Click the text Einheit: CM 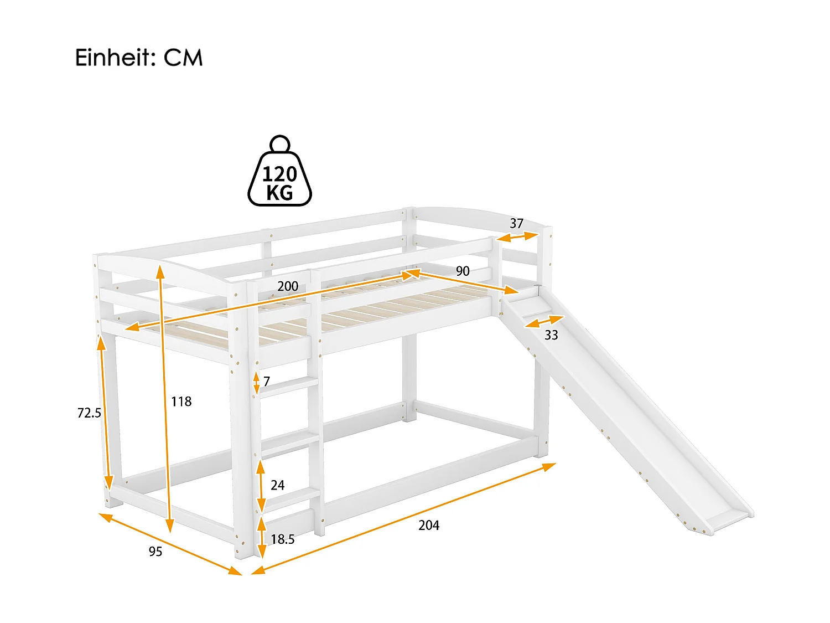(x=139, y=58)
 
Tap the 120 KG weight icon (x=279, y=176)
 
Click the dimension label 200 (x=288, y=286)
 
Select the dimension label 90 (x=463, y=271)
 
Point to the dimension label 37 (x=516, y=223)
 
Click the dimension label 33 (x=551, y=335)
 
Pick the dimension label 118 (x=181, y=401)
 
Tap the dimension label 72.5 (x=89, y=413)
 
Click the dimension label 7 (x=267, y=382)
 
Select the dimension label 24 (x=277, y=485)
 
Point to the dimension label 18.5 (x=282, y=539)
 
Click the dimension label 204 (x=429, y=525)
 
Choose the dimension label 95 (x=155, y=552)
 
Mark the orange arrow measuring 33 (x=544, y=321)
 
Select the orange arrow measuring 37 (x=517, y=237)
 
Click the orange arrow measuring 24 (x=261, y=486)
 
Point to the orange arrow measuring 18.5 (x=262, y=538)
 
